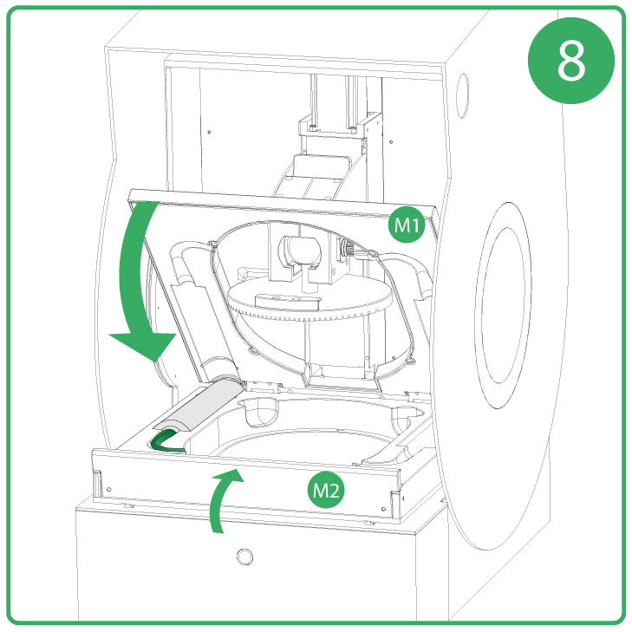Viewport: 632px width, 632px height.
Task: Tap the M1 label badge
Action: click(x=403, y=227)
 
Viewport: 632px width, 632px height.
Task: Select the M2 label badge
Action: click(x=327, y=491)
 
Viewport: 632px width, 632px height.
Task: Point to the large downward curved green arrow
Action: click(x=144, y=286)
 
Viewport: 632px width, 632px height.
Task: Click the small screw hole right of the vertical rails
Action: click(x=392, y=141)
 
